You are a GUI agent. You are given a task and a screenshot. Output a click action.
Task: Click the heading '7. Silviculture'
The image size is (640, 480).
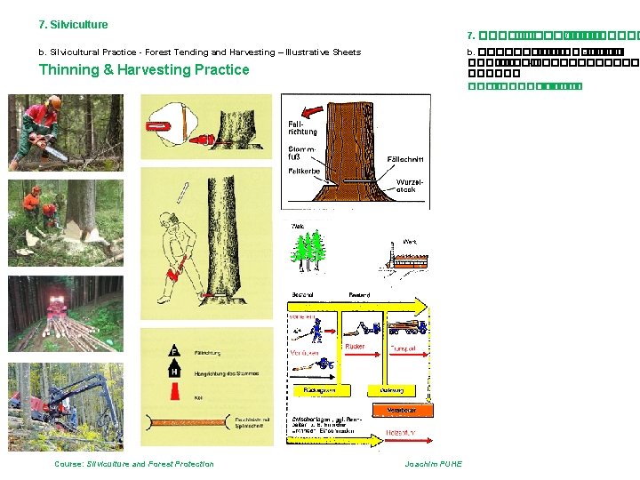[x=73, y=25]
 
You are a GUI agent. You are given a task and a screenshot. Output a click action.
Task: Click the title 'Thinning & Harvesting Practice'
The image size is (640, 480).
[x=144, y=70]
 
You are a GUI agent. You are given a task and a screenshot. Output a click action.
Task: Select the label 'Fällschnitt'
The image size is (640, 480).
[x=405, y=159]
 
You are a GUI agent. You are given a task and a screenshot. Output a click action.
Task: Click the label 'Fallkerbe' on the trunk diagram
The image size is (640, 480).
[x=304, y=171]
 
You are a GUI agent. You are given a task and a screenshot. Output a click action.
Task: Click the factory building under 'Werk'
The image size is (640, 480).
[x=405, y=259]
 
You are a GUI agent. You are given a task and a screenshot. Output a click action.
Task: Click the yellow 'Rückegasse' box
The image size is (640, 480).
[x=318, y=389]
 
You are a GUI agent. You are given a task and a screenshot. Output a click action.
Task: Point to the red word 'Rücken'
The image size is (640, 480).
[x=355, y=347]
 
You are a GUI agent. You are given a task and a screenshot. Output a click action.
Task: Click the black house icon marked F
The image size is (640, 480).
[x=175, y=351]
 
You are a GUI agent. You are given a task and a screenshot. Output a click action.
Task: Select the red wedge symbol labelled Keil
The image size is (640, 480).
[x=175, y=392]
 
